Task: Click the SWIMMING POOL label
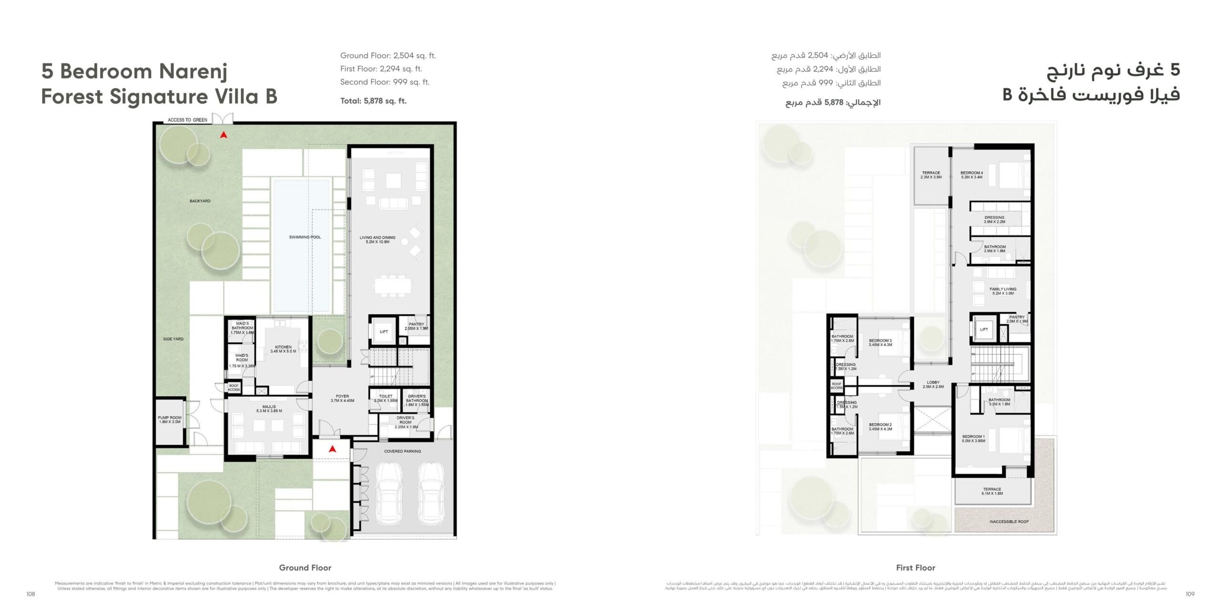(x=305, y=237)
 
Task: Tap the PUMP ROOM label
(x=169, y=419)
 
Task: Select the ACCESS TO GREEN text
(x=187, y=120)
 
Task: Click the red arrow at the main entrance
(x=333, y=448)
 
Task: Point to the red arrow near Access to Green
(x=223, y=135)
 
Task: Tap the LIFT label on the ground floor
(x=384, y=332)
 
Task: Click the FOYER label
(x=342, y=398)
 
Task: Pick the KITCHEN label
(x=283, y=349)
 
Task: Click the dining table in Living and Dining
(x=393, y=286)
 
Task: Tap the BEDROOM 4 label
(x=972, y=175)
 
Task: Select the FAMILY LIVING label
(x=1003, y=291)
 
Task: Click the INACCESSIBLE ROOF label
(x=1009, y=521)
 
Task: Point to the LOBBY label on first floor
(x=933, y=384)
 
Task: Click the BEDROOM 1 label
(x=973, y=438)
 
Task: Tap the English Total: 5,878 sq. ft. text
(x=373, y=101)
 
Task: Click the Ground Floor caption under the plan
(x=305, y=568)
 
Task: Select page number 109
(x=1190, y=594)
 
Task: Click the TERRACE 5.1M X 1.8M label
(x=992, y=491)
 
